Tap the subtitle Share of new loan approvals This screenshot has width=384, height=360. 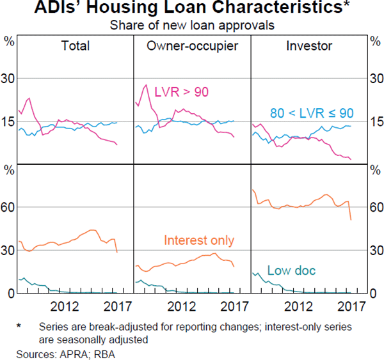coord(191,26)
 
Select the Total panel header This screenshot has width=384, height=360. coord(75,46)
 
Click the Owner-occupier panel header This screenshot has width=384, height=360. coord(191,46)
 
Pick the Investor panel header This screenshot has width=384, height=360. coord(309,46)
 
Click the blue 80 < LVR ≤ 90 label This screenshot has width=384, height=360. coord(311,113)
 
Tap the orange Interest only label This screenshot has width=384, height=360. coord(199,240)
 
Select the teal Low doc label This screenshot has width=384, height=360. coord(292,270)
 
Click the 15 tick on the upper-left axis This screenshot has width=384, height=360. coord(10,121)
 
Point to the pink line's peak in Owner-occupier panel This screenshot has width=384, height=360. coord(146,85)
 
